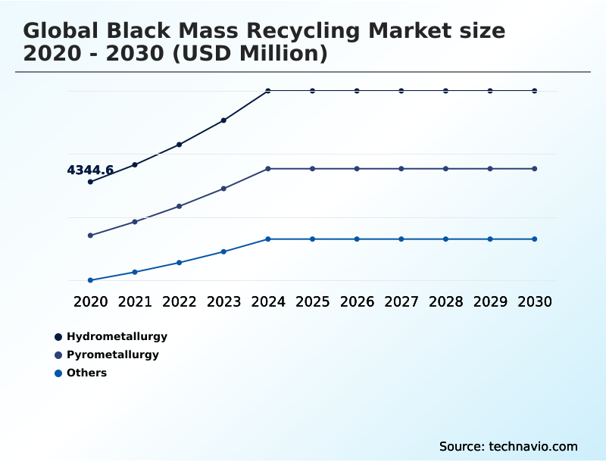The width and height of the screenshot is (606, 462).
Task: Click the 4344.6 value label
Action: coord(90,170)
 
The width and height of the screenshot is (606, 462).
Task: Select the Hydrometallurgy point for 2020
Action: coord(90,182)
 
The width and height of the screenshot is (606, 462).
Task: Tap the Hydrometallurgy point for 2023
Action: coord(223,120)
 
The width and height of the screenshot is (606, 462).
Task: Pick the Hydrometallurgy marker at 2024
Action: coord(268,91)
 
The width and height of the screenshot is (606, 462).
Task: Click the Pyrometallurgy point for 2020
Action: coord(90,236)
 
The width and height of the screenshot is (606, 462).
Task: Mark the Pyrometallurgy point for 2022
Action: coord(180,206)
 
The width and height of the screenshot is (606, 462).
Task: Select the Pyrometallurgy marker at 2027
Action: coord(401,169)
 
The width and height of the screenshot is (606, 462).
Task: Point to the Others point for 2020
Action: coord(90,280)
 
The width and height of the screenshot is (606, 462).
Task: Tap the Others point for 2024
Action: coord(268,239)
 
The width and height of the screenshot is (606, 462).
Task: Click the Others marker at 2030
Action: coord(535,239)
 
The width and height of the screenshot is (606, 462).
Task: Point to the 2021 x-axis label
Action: coord(135,301)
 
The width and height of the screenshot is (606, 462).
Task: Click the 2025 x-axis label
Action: coord(312,301)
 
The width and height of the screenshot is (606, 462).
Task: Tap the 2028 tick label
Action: coord(445,301)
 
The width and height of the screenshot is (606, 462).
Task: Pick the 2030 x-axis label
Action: coord(535,301)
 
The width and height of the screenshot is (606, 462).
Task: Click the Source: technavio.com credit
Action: coord(508,446)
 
